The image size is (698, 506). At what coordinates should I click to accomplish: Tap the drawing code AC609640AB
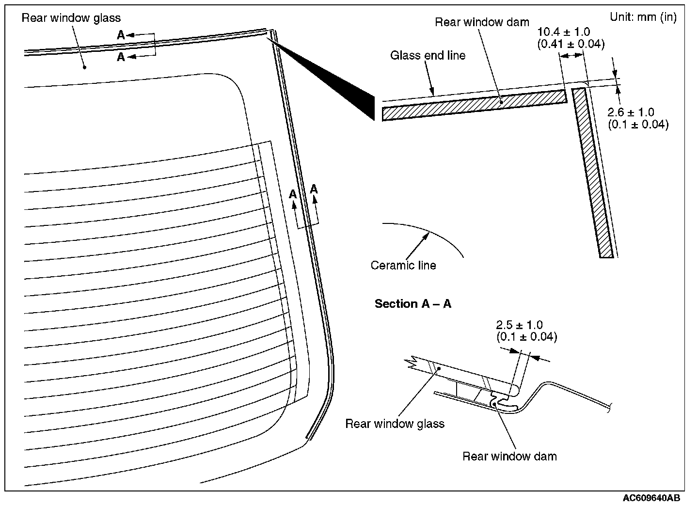[x=651, y=498]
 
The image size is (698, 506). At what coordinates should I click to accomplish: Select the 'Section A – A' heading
[x=412, y=304]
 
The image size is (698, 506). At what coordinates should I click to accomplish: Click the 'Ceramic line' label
[x=403, y=265]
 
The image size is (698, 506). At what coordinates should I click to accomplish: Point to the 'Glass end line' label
[x=428, y=55]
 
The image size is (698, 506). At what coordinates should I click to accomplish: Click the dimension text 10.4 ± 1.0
[x=564, y=32]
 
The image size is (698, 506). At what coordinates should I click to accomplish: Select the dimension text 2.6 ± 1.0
[x=631, y=112]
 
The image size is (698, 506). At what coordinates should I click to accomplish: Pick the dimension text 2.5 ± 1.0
[x=519, y=325]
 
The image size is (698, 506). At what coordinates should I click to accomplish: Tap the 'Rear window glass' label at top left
[x=71, y=18]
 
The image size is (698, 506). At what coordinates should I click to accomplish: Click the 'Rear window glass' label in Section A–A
[x=395, y=424]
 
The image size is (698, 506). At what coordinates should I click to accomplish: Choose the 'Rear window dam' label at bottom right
[x=509, y=456]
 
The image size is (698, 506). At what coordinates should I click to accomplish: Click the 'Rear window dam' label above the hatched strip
[x=482, y=22]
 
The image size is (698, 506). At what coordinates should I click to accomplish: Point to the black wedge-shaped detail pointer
[x=339, y=82]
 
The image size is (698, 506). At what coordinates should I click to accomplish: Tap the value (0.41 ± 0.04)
[x=571, y=44]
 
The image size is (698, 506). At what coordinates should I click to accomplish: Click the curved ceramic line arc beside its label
[x=436, y=236]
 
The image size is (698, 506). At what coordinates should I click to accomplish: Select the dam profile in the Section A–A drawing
[x=499, y=400]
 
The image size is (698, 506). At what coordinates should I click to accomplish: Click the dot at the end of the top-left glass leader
[x=84, y=67]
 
